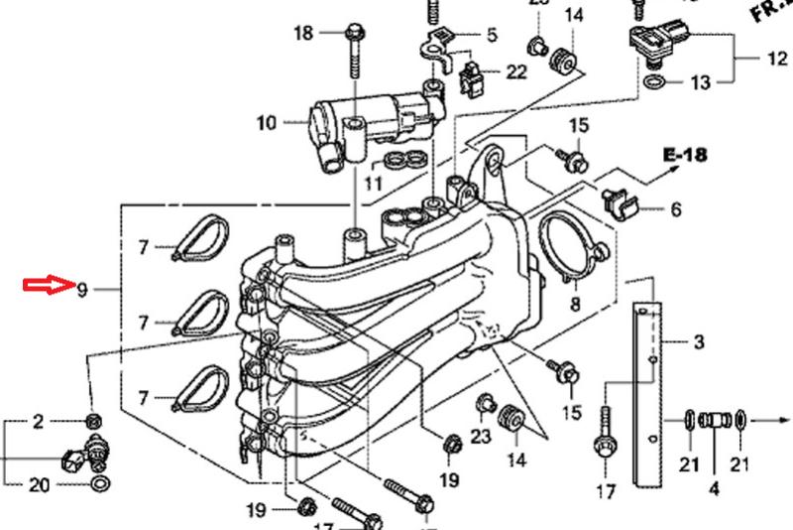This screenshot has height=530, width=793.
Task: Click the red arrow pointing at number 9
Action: point(49,288)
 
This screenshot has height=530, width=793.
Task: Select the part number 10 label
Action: point(266,124)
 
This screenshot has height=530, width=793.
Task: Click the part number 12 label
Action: point(776,59)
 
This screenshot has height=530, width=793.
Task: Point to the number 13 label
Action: point(701,82)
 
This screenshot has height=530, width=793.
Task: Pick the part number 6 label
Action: point(675,209)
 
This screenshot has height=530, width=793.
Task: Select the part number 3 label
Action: point(699,343)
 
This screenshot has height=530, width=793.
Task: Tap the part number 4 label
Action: point(713,488)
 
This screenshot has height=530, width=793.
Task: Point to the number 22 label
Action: point(516,71)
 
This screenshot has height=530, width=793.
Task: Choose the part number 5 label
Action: point(491,36)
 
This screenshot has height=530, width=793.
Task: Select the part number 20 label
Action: point(39,485)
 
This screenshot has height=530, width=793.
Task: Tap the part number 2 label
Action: point(39,423)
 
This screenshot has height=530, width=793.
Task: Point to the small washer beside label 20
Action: point(100,485)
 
